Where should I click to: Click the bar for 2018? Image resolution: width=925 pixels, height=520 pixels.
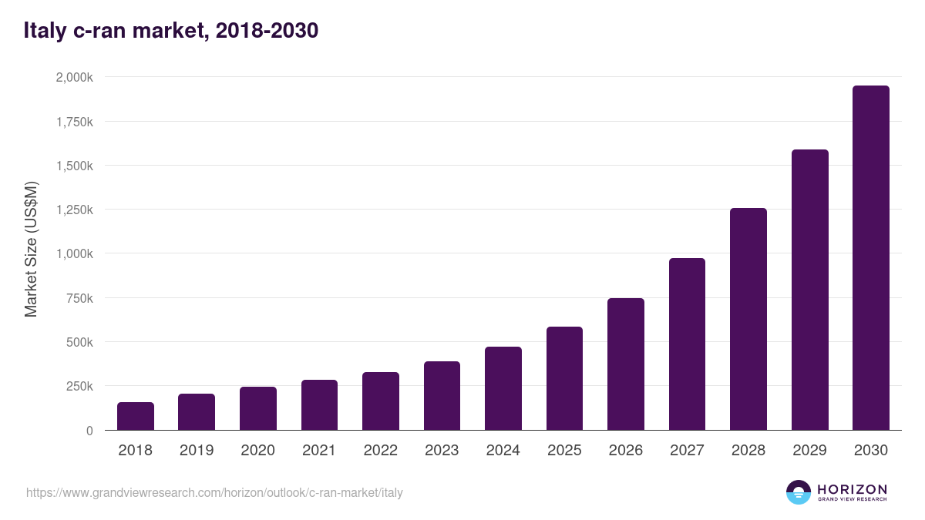(x=136, y=416)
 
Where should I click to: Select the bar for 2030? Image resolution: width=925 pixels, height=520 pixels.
(x=871, y=258)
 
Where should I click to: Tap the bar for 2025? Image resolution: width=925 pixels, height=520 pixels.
(x=564, y=378)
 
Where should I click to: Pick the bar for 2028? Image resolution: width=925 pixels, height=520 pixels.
(x=748, y=319)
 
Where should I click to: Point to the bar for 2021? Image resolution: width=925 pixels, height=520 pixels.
(x=319, y=404)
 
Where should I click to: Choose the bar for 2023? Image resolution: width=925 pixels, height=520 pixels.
(x=442, y=395)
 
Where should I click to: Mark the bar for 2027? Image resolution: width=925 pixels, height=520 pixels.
(x=687, y=344)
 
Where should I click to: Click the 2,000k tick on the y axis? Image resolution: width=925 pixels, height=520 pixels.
(x=75, y=78)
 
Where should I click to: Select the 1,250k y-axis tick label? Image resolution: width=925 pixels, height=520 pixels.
(x=75, y=210)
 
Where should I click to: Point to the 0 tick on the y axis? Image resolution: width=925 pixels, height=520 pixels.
(x=89, y=431)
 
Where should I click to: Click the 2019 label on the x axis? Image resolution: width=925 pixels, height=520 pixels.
(x=197, y=451)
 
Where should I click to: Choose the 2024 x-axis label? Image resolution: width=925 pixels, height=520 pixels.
(x=503, y=451)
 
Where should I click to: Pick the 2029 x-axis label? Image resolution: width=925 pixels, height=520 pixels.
(x=809, y=451)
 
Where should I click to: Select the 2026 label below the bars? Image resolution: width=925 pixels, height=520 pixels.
(x=625, y=451)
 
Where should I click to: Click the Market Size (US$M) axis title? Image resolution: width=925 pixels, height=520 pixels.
(x=31, y=249)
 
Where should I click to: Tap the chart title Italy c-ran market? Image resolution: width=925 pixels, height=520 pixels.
(x=170, y=31)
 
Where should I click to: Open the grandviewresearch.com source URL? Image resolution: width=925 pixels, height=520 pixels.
(x=214, y=492)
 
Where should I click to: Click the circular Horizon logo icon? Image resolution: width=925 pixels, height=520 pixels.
(x=799, y=492)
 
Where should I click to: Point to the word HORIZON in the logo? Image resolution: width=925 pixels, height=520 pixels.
(x=852, y=488)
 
